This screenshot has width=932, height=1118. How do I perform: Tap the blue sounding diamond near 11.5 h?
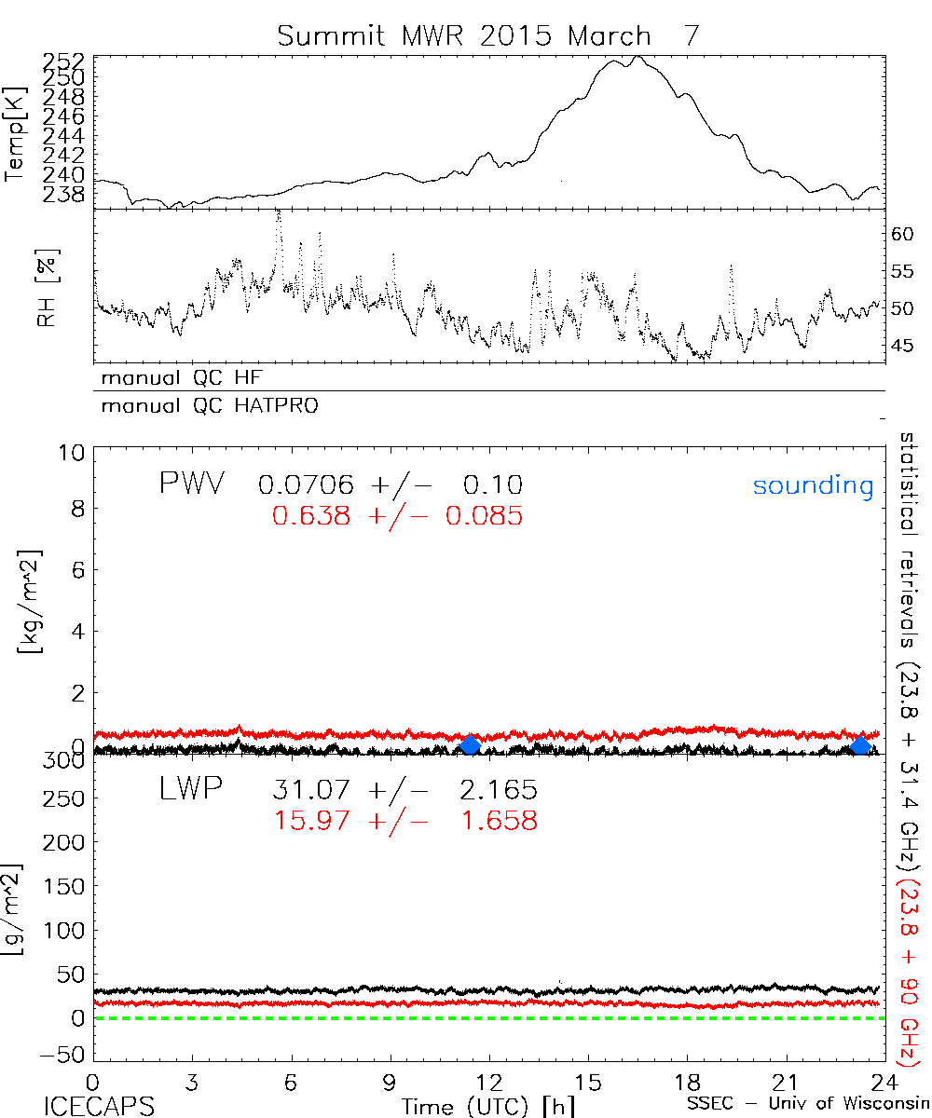click(471, 744)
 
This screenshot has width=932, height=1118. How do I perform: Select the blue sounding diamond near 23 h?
click(861, 745)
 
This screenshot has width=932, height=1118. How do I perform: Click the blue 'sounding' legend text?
click(813, 485)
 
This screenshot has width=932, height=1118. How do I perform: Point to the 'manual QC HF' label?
click(176, 378)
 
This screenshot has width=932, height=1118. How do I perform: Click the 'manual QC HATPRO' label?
click(203, 406)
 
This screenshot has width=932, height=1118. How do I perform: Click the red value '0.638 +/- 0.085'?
click(390, 515)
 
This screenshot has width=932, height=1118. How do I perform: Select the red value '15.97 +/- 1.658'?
click(404, 821)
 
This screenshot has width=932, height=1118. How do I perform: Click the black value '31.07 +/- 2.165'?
click(404, 791)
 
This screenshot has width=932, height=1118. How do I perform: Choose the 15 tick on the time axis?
click(588, 1082)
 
